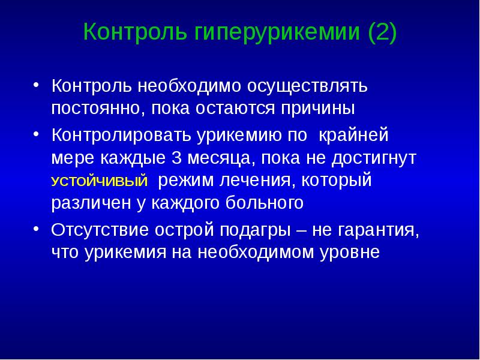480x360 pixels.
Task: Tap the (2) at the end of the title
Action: click(382, 31)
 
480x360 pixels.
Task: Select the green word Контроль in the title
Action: click(135, 31)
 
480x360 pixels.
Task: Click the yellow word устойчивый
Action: click(100, 182)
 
